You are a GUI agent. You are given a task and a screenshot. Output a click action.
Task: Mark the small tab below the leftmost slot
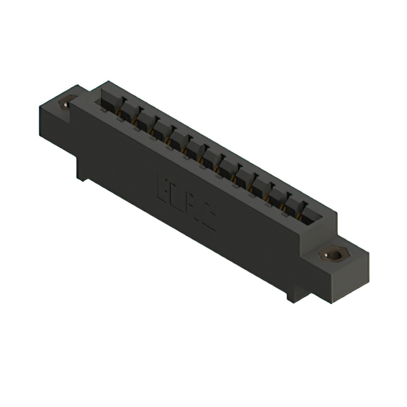[119, 118]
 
